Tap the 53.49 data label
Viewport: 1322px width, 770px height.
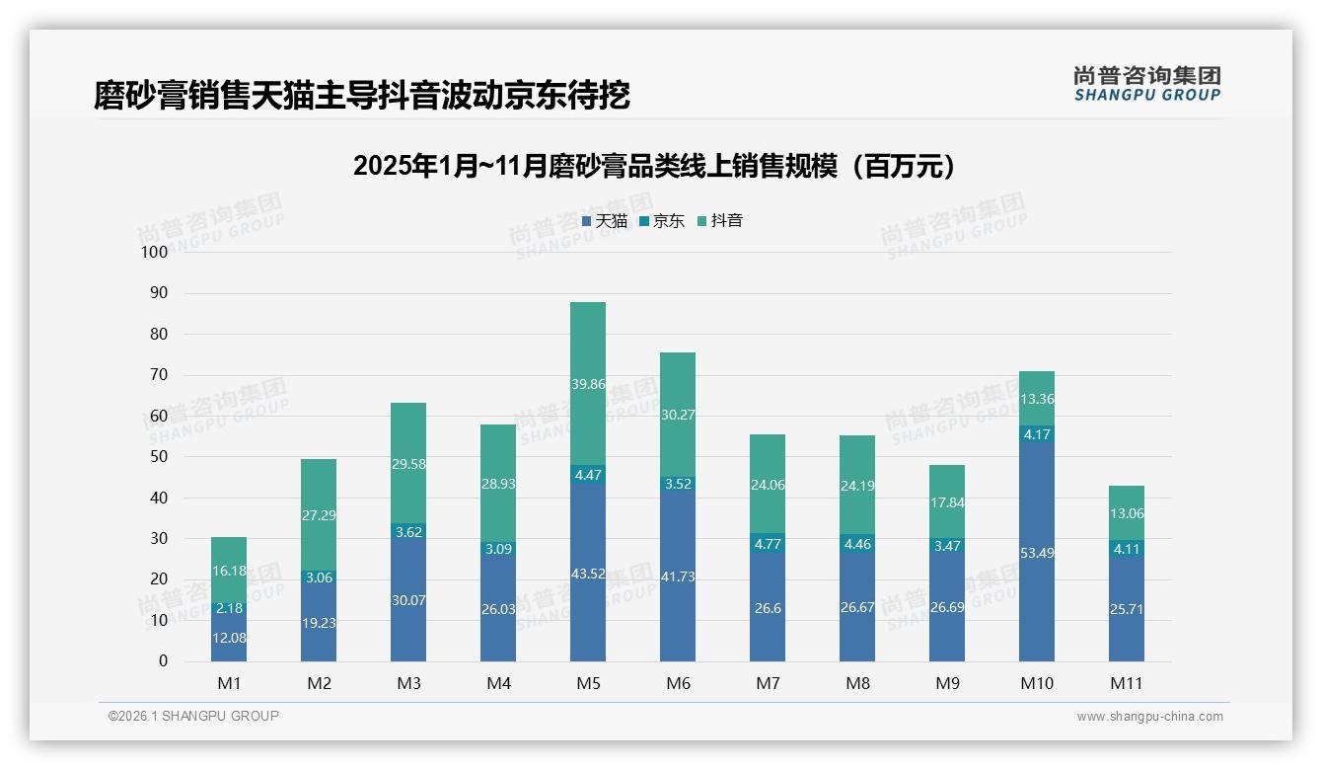point(1037,553)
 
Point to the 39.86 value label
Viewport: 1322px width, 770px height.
point(588,384)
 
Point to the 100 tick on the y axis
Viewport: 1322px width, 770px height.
point(155,252)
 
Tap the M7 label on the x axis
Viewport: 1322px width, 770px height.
point(768,683)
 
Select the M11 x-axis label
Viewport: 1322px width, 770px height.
point(1126,683)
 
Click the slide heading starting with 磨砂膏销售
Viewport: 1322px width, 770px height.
point(361,96)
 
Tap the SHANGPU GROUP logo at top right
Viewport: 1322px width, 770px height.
point(1146,84)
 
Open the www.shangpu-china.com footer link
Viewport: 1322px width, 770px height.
point(1149,717)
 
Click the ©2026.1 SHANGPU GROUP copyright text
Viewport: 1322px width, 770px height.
point(193,716)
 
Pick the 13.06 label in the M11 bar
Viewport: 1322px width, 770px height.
point(1127,513)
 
